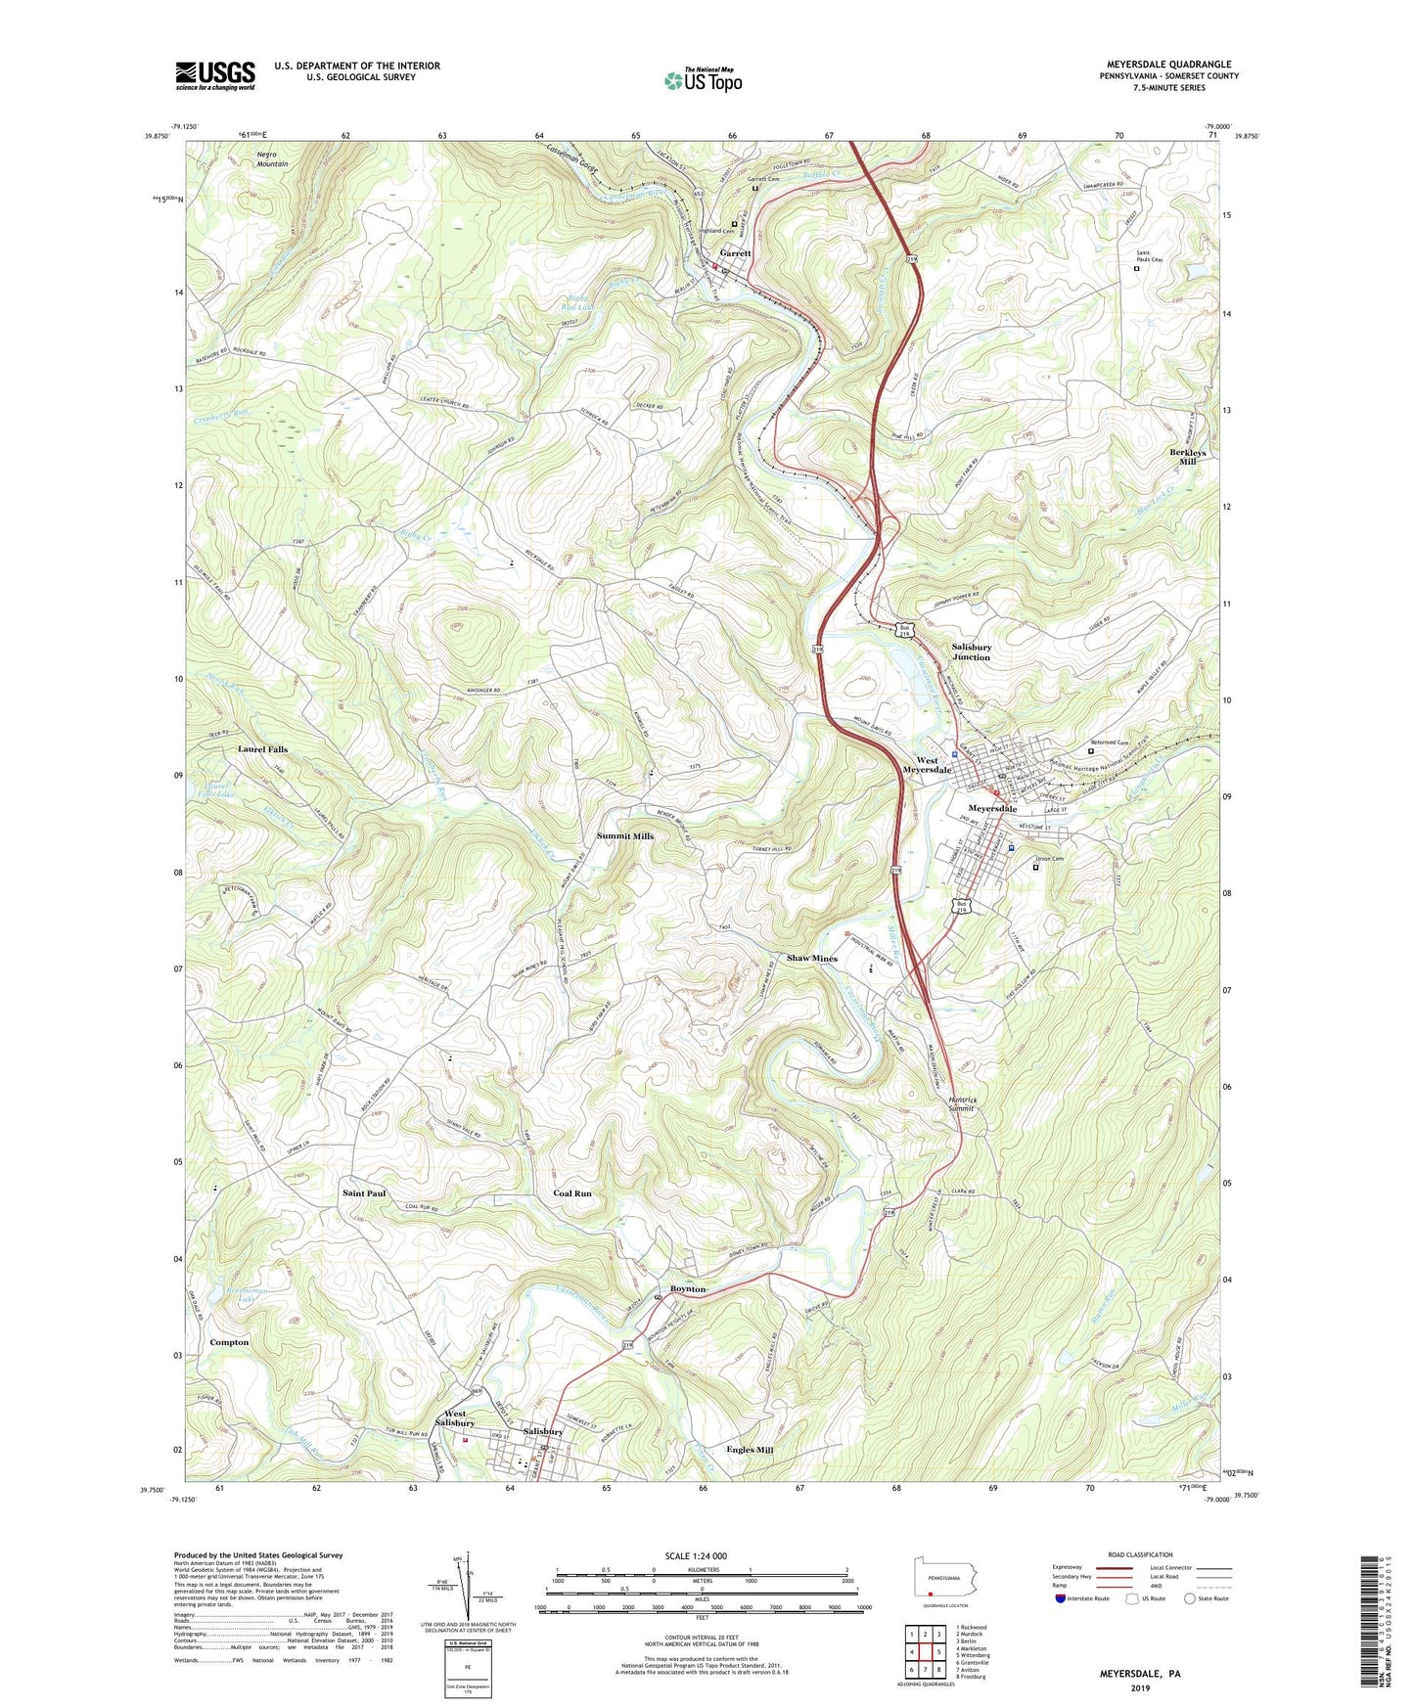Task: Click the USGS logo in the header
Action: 215,75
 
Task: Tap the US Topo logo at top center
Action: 702,80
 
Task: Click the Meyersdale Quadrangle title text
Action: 1168,65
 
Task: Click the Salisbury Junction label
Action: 971,652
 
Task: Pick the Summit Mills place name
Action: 625,836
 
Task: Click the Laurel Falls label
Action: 262,749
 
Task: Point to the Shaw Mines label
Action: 812,959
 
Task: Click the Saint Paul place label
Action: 364,1193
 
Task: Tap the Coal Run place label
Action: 572,1193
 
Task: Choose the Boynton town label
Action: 688,1289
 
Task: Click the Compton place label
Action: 229,1343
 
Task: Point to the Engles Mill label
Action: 751,1450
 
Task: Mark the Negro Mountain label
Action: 272,158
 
